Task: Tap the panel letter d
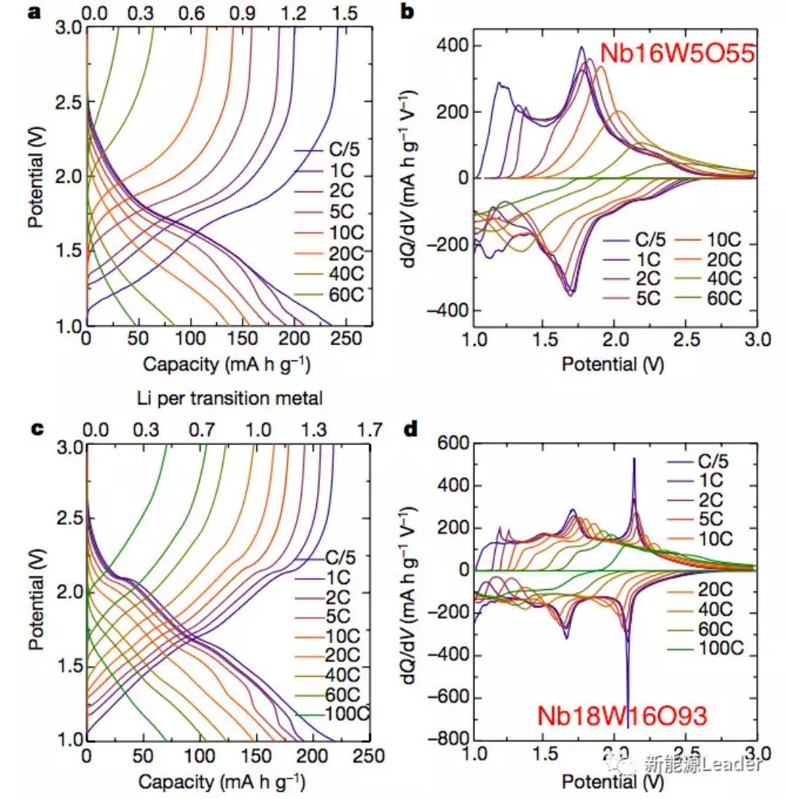[410, 430]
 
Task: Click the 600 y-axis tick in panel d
[453, 444]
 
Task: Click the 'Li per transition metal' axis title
[230, 398]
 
